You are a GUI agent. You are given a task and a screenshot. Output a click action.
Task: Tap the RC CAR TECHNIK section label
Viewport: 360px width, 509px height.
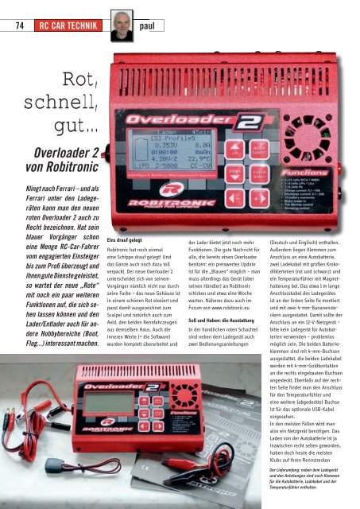point(71,25)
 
